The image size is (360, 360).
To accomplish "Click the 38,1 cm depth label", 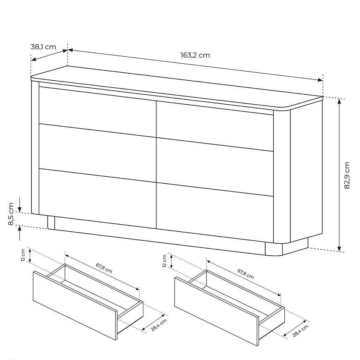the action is [x=43, y=47].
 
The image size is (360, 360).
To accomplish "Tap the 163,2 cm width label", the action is [x=195, y=55].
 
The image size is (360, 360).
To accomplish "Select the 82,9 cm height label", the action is [x=347, y=175].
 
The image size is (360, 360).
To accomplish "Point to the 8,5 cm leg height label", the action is [x=11, y=214].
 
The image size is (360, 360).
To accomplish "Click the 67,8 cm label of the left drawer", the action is [x=104, y=268].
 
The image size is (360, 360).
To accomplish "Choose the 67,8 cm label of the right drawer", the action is [x=246, y=274].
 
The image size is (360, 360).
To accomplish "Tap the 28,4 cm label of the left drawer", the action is [x=159, y=325].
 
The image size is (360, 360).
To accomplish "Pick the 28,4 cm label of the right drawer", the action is [x=300, y=331].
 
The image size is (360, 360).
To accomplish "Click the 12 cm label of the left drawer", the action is [x=23, y=255].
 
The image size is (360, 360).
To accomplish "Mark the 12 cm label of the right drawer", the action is [x=164, y=261].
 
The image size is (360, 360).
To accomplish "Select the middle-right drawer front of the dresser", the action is [x=215, y=167].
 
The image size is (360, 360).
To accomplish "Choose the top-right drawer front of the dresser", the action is [x=215, y=126].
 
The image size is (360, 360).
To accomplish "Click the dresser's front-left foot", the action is [x=51, y=223].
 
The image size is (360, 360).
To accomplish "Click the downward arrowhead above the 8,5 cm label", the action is [x=20, y=209].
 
